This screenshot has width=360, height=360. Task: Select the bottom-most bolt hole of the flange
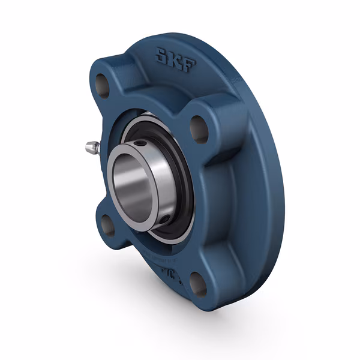click(x=197, y=284)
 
